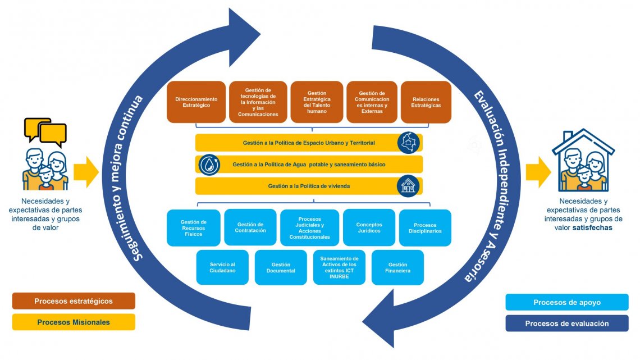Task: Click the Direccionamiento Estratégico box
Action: tap(196, 102)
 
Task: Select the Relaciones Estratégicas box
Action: tap(426, 102)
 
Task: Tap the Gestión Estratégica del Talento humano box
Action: tap(317, 102)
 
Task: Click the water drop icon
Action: tap(209, 165)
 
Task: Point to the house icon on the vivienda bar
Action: tap(408, 186)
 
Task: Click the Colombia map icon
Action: tap(408, 143)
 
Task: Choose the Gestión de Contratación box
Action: tap(250, 227)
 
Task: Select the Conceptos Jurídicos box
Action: tap(368, 227)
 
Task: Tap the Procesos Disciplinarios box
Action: tap(424, 227)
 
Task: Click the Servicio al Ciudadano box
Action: tap(222, 267)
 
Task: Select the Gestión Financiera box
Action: tap(397, 267)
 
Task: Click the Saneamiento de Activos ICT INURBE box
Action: tap(339, 267)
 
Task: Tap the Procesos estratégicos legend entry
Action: tap(74, 301)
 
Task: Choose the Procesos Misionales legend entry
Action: tap(74, 322)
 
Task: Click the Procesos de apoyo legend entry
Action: tap(567, 302)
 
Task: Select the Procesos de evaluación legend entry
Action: tap(567, 323)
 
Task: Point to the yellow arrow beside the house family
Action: tap(538, 172)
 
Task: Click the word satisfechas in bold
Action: tap(592, 228)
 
